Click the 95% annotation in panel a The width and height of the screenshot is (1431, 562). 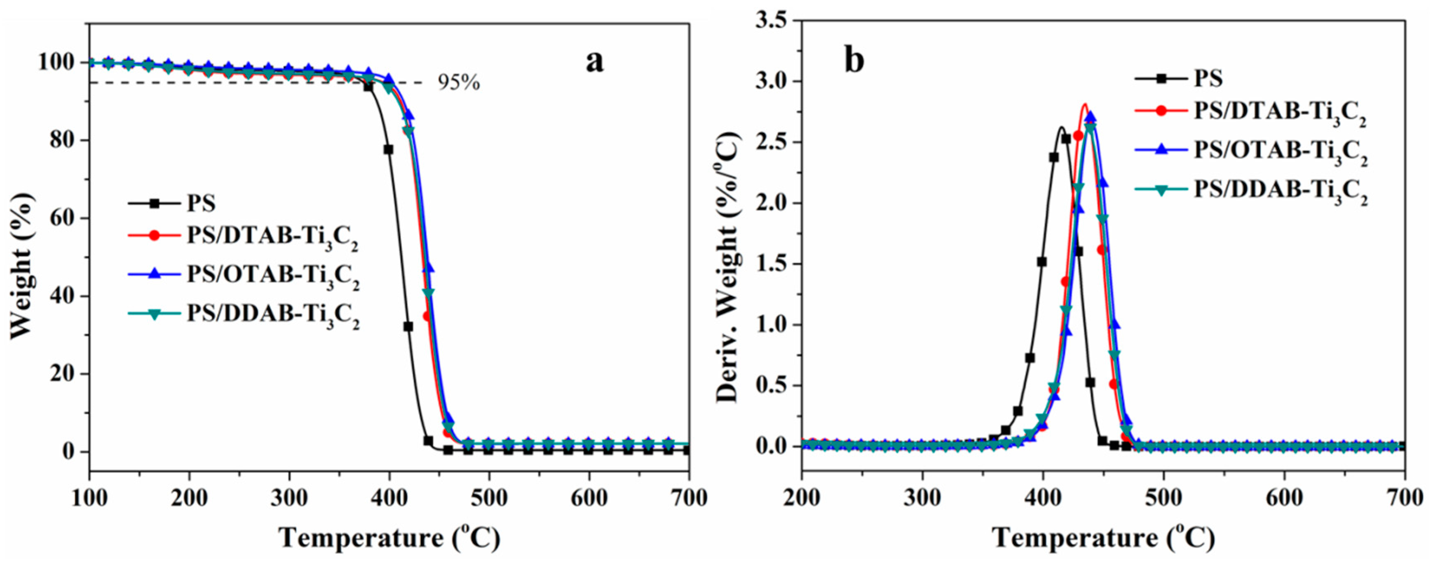point(459,83)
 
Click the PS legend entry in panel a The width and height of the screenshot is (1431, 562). point(201,203)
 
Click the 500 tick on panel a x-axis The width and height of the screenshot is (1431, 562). point(489,498)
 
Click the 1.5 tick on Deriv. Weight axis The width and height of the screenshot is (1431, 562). point(772,264)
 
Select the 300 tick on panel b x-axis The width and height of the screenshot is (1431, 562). point(922,498)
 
